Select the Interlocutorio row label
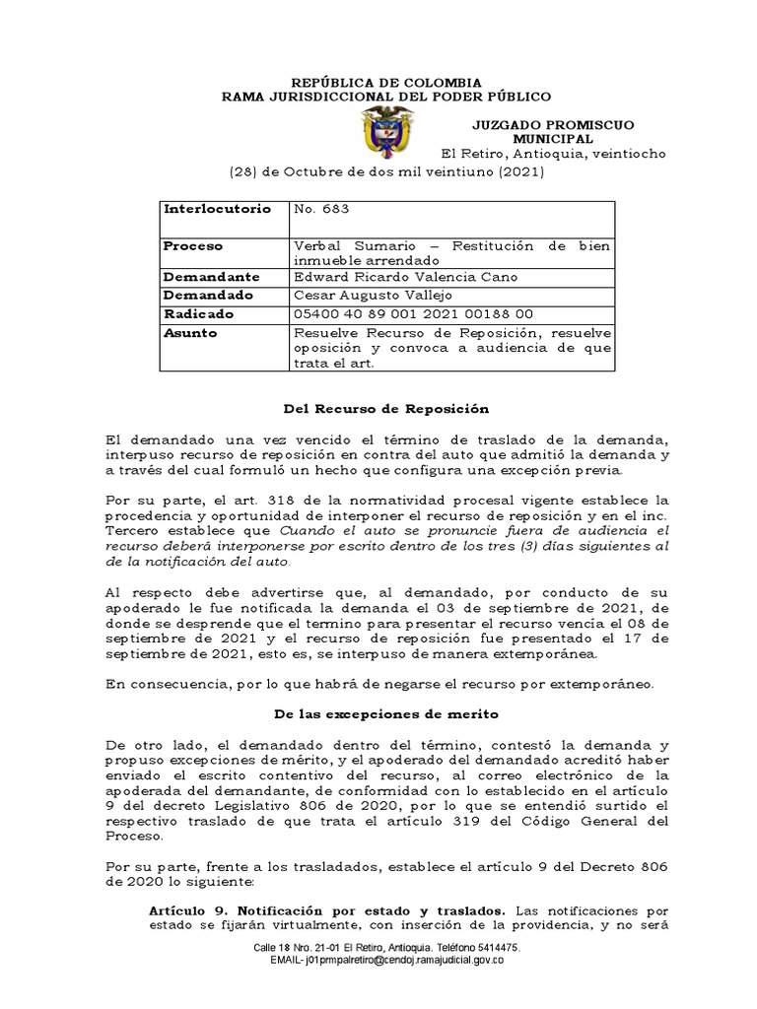pos(215,210)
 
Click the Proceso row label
pos(195,245)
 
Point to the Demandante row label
pos(211,277)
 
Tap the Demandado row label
pos(209,295)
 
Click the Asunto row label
pos(192,333)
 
